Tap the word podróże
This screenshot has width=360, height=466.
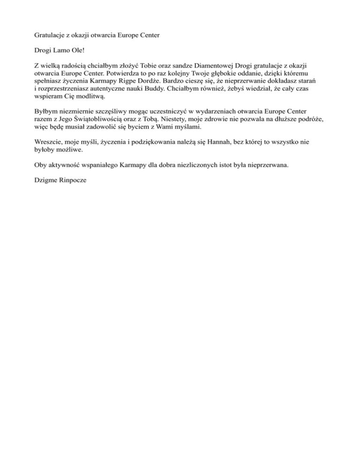click(x=310, y=120)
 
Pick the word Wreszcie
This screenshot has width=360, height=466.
click(x=50, y=142)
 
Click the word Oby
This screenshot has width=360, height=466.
click(x=41, y=165)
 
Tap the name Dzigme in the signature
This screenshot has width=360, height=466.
click(x=47, y=180)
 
